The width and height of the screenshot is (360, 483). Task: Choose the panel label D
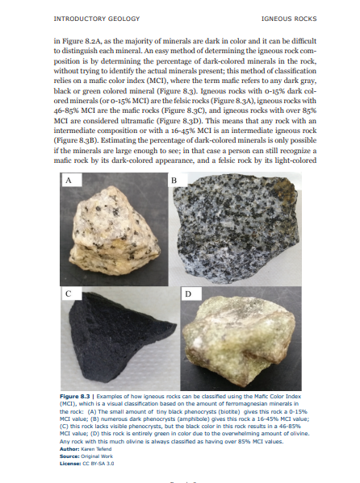click(x=187, y=294)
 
